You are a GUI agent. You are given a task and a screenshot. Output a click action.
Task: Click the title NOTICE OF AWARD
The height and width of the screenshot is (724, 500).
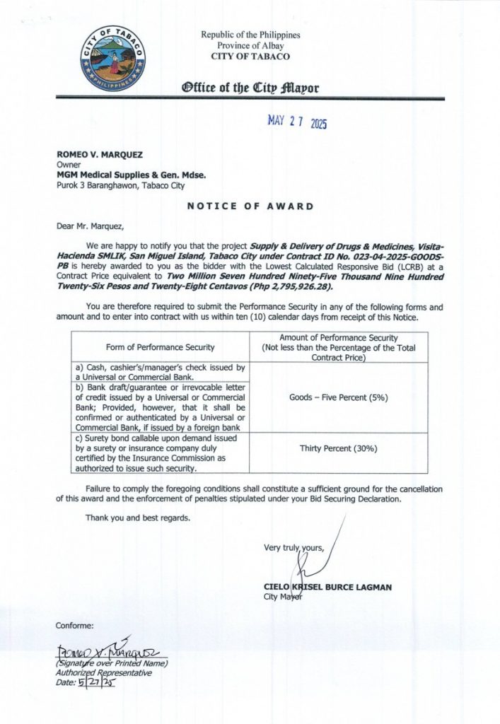(250, 207)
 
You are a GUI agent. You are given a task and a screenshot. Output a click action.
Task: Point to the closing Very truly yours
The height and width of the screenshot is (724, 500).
(293, 547)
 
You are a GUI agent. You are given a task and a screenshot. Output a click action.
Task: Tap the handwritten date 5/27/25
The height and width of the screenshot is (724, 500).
(97, 682)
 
